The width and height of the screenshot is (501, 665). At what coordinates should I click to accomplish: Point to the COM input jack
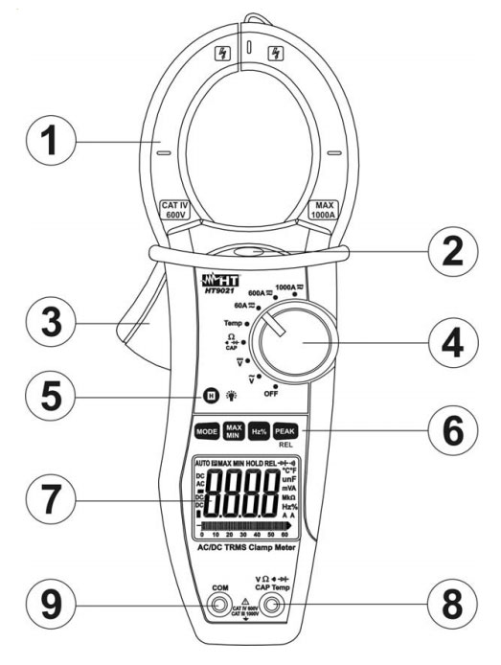(x=220, y=605)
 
